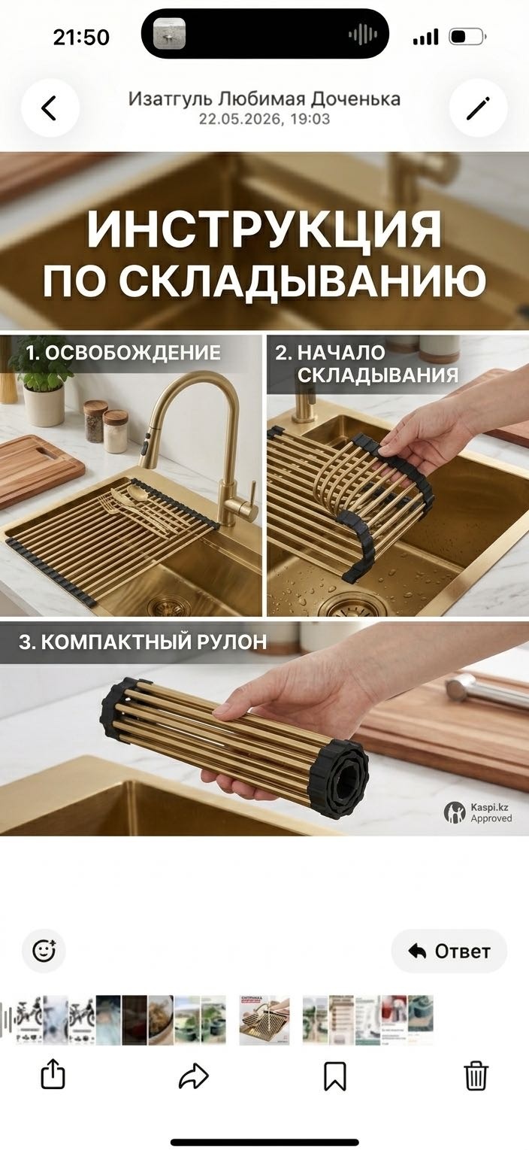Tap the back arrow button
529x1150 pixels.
click(50, 108)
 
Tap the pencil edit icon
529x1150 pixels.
click(478, 108)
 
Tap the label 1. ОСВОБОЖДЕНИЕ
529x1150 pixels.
click(123, 353)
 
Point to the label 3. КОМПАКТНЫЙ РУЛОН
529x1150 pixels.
click(143, 642)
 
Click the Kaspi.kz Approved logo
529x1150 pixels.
click(478, 813)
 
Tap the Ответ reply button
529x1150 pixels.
click(449, 951)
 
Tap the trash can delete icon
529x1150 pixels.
click(476, 1075)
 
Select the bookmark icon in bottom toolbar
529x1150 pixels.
click(335, 1076)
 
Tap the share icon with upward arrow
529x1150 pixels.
click(53, 1074)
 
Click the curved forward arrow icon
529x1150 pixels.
click(193, 1076)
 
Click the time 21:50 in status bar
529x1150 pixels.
click(81, 38)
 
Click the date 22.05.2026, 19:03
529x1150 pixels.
click(264, 119)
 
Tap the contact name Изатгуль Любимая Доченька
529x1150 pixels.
click(264, 99)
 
